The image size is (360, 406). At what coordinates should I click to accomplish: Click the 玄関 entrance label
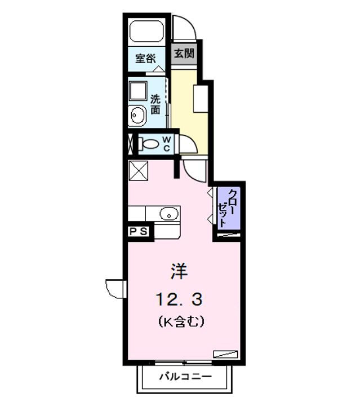click(x=184, y=54)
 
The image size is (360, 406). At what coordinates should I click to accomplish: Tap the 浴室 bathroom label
click(x=145, y=58)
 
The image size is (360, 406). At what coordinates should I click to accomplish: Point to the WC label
click(x=168, y=143)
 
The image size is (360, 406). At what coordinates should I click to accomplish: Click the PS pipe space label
click(x=139, y=231)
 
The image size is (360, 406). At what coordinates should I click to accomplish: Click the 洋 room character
click(x=180, y=271)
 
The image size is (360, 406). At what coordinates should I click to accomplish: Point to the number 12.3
click(x=179, y=297)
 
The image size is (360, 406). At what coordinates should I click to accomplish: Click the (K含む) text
click(x=180, y=322)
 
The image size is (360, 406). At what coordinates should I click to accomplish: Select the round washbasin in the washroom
click(x=137, y=117)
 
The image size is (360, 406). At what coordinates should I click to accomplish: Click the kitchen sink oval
click(x=167, y=214)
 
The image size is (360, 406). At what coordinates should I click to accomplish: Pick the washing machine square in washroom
click(x=137, y=90)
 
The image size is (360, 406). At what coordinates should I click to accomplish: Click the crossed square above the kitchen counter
click(x=138, y=170)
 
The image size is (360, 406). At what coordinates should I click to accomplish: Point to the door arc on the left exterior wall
click(x=115, y=287)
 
